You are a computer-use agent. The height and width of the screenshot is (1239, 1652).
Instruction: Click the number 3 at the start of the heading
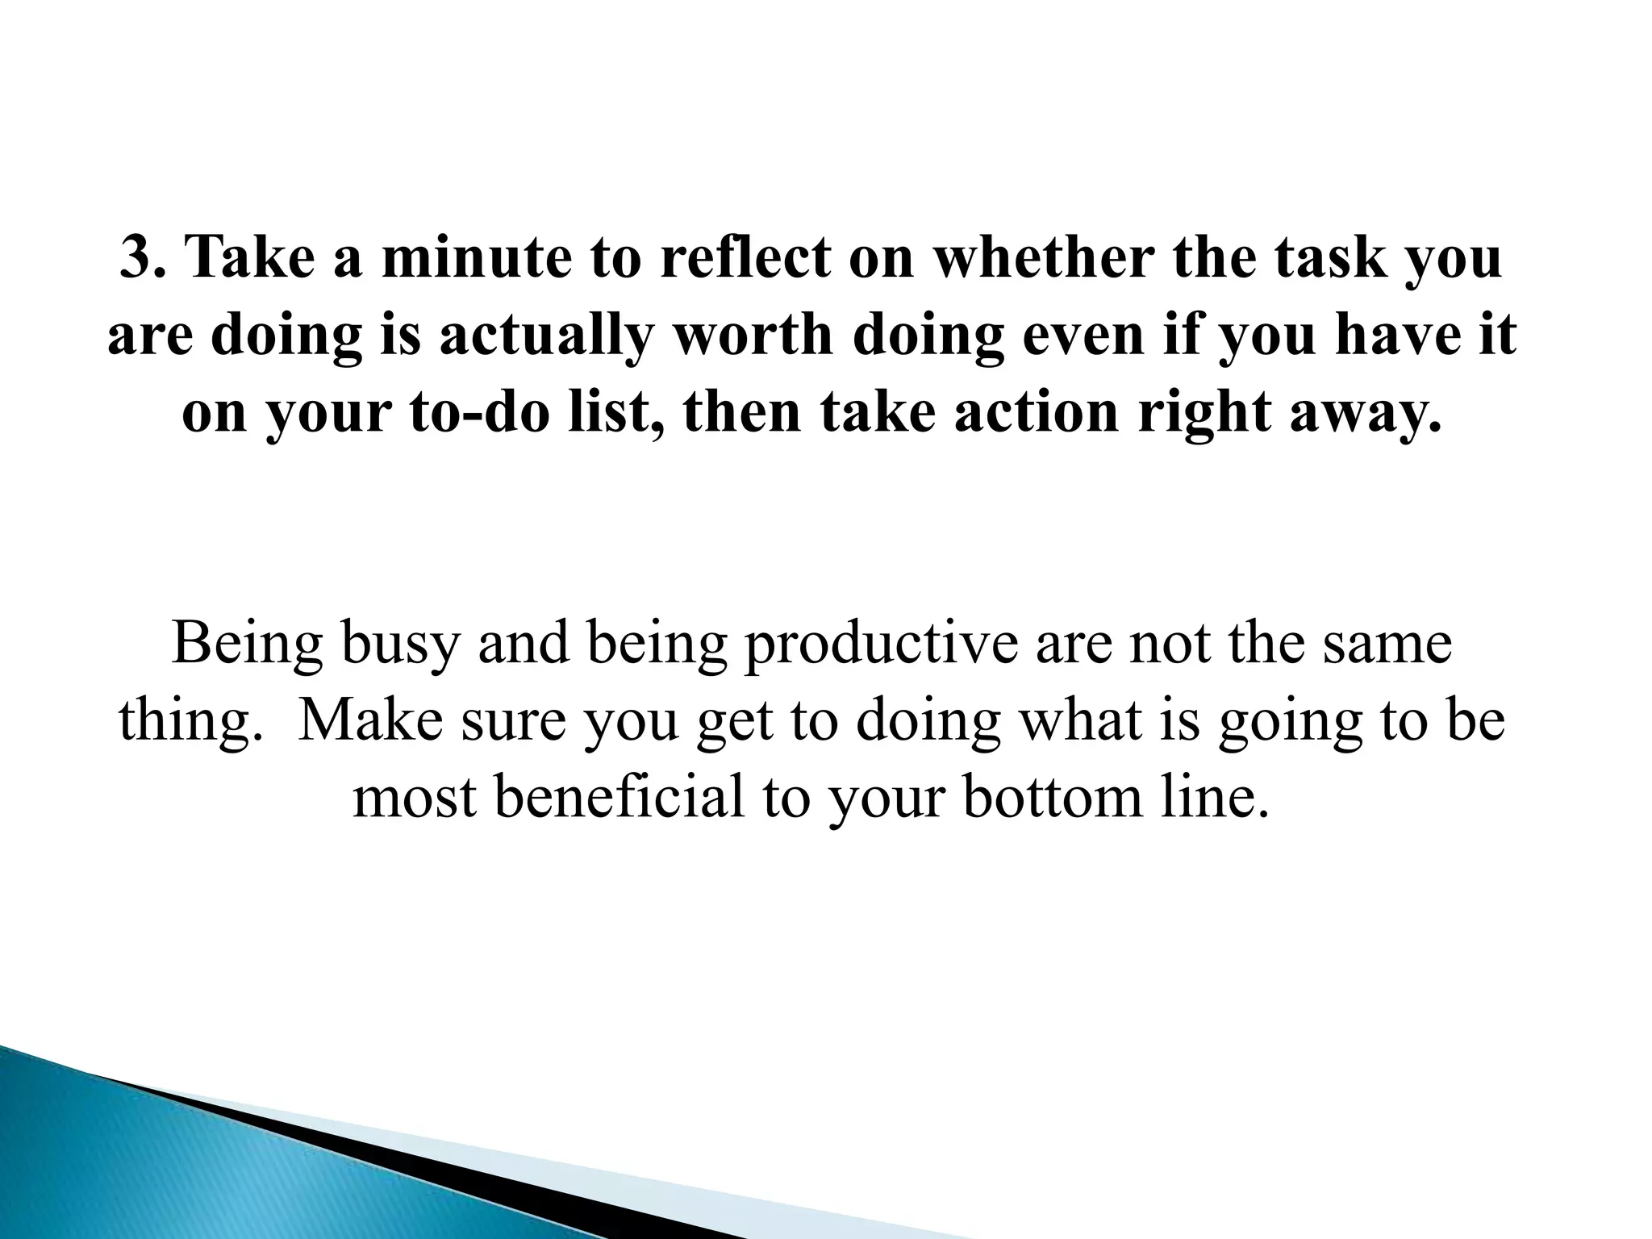pos(135,258)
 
